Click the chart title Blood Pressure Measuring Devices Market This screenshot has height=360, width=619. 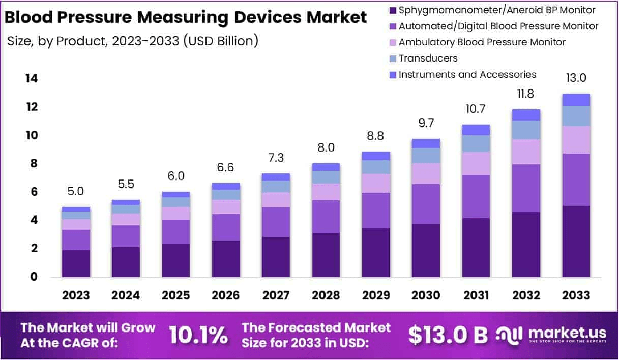[x=185, y=17]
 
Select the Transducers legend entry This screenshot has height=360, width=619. [x=428, y=58]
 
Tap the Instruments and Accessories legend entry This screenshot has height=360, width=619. [x=467, y=75]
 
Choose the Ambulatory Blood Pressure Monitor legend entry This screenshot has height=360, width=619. [x=482, y=42]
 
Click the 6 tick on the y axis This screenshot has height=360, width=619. [x=33, y=192]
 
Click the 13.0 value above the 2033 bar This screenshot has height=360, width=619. [x=576, y=78]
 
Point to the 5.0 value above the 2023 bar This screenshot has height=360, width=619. [x=76, y=192]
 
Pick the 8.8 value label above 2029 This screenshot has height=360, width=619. [x=376, y=136]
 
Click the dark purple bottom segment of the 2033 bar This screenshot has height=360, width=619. [x=576, y=242]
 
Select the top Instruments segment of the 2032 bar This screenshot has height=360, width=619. [x=526, y=115]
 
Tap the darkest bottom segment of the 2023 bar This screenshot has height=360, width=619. [x=76, y=263]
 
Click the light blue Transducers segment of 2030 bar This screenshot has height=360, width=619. [x=426, y=156]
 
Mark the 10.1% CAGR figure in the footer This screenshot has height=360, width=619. [x=198, y=335]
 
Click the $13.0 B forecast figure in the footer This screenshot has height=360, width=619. [x=448, y=335]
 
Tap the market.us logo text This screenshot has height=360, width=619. [x=567, y=333]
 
